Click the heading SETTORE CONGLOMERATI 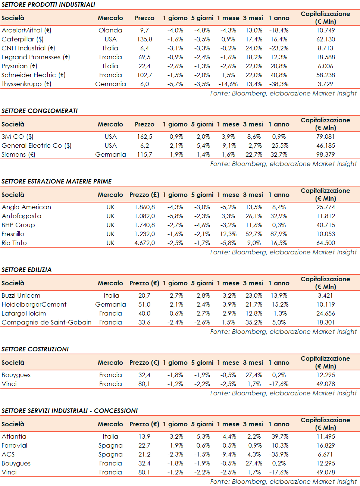[x=40, y=111]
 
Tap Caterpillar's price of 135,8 [x=144, y=39]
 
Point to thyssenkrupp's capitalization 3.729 [x=325, y=84]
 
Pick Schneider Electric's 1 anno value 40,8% [x=279, y=75]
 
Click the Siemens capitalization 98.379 [x=325, y=154]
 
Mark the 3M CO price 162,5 [x=144, y=137]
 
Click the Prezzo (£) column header [x=144, y=195]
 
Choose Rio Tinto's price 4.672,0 [x=144, y=243]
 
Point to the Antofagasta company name [x=21, y=216]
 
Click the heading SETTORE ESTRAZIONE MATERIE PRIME [x=56, y=181]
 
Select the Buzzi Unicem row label [x=21, y=295]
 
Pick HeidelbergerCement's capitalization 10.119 [x=325, y=304]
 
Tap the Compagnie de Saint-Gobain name [x=46, y=322]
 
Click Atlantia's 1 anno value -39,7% [x=279, y=436]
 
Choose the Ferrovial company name [x=14, y=445]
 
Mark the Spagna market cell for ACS [x=110, y=454]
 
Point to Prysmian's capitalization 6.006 [x=325, y=66]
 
